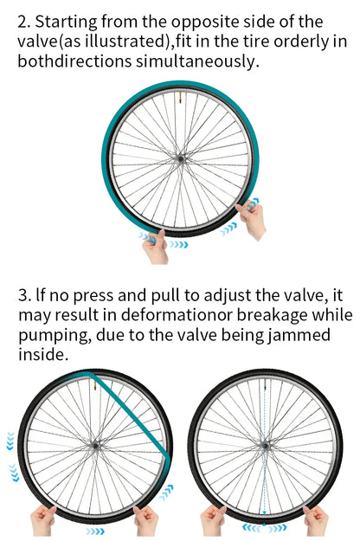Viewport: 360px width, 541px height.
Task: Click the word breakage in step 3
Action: [271, 316]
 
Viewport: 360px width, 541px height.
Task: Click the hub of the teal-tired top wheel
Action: [180, 158]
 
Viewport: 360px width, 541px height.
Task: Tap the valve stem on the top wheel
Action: [179, 97]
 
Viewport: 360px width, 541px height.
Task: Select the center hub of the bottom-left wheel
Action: [94, 446]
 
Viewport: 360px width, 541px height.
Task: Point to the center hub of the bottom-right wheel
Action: [265, 446]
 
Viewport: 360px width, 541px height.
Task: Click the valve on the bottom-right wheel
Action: [265, 383]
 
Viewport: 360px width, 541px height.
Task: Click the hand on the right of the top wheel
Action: [251, 220]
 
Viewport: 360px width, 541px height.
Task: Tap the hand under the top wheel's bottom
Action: [156, 247]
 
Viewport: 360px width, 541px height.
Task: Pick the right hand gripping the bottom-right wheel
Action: [316, 520]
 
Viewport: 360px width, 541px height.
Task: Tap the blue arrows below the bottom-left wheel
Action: [95, 531]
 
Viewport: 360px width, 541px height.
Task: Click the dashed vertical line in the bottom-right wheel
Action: [265, 452]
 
